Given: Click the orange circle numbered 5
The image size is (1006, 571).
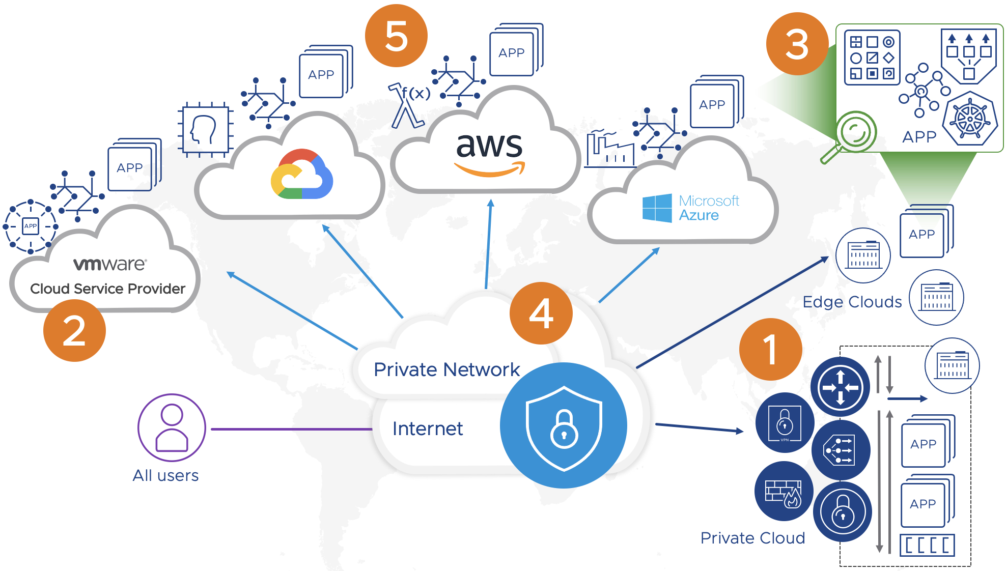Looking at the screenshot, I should (x=396, y=36).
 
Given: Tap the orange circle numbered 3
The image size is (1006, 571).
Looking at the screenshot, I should (x=797, y=44).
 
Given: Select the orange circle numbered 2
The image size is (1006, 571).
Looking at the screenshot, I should (x=74, y=330).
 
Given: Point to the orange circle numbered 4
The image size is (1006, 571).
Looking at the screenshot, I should (x=541, y=313).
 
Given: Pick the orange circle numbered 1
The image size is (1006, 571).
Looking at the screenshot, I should (x=770, y=349).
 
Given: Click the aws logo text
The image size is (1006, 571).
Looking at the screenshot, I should (x=489, y=146).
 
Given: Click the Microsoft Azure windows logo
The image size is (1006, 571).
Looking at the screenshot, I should (x=657, y=208).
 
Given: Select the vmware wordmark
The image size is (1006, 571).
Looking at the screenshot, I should (x=110, y=264).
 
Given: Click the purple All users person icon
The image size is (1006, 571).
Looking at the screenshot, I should (x=172, y=427).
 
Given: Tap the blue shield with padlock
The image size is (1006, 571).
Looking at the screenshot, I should (x=564, y=425).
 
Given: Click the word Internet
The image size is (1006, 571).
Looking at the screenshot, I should (x=427, y=429).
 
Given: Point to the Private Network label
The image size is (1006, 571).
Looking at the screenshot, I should (x=446, y=369).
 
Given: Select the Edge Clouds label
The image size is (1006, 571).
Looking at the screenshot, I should (x=852, y=302).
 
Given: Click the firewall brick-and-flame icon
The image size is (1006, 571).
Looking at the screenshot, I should (x=784, y=492).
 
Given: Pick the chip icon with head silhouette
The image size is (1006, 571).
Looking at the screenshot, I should (x=205, y=130).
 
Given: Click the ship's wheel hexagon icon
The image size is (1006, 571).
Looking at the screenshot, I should (x=970, y=120).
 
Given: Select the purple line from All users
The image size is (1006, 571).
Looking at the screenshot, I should (x=290, y=429).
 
